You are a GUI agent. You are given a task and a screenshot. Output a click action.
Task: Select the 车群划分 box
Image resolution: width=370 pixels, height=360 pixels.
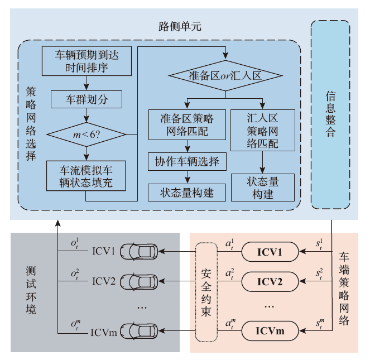(x=86, y=99)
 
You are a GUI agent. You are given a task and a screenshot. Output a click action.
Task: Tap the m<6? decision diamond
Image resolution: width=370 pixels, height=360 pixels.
(x=86, y=135)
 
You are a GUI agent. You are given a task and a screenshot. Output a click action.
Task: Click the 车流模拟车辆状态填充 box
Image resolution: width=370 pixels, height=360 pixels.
(x=86, y=175)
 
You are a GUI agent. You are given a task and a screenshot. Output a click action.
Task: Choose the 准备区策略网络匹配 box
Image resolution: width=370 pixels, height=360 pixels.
(x=187, y=124)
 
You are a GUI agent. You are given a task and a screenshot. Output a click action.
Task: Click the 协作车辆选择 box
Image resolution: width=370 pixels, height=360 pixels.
(x=187, y=162)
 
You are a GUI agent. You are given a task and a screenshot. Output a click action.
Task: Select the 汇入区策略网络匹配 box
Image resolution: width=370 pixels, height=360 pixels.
(x=262, y=130)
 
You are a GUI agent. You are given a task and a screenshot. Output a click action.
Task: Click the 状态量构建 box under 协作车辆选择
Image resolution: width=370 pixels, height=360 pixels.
(x=187, y=193)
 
